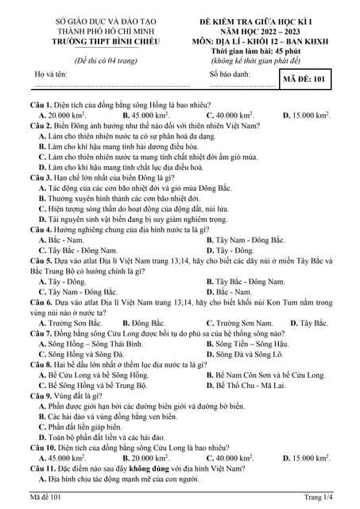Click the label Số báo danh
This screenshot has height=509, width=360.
click(x=230, y=74)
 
